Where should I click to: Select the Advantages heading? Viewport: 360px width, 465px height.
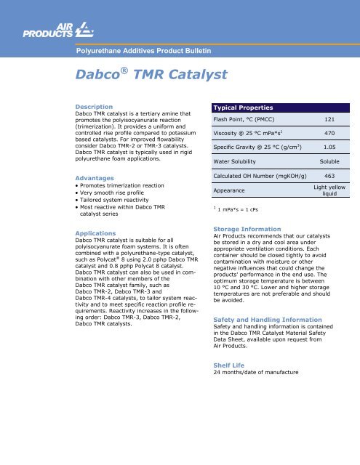(92, 177)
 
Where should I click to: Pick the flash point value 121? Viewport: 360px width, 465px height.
(329, 120)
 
